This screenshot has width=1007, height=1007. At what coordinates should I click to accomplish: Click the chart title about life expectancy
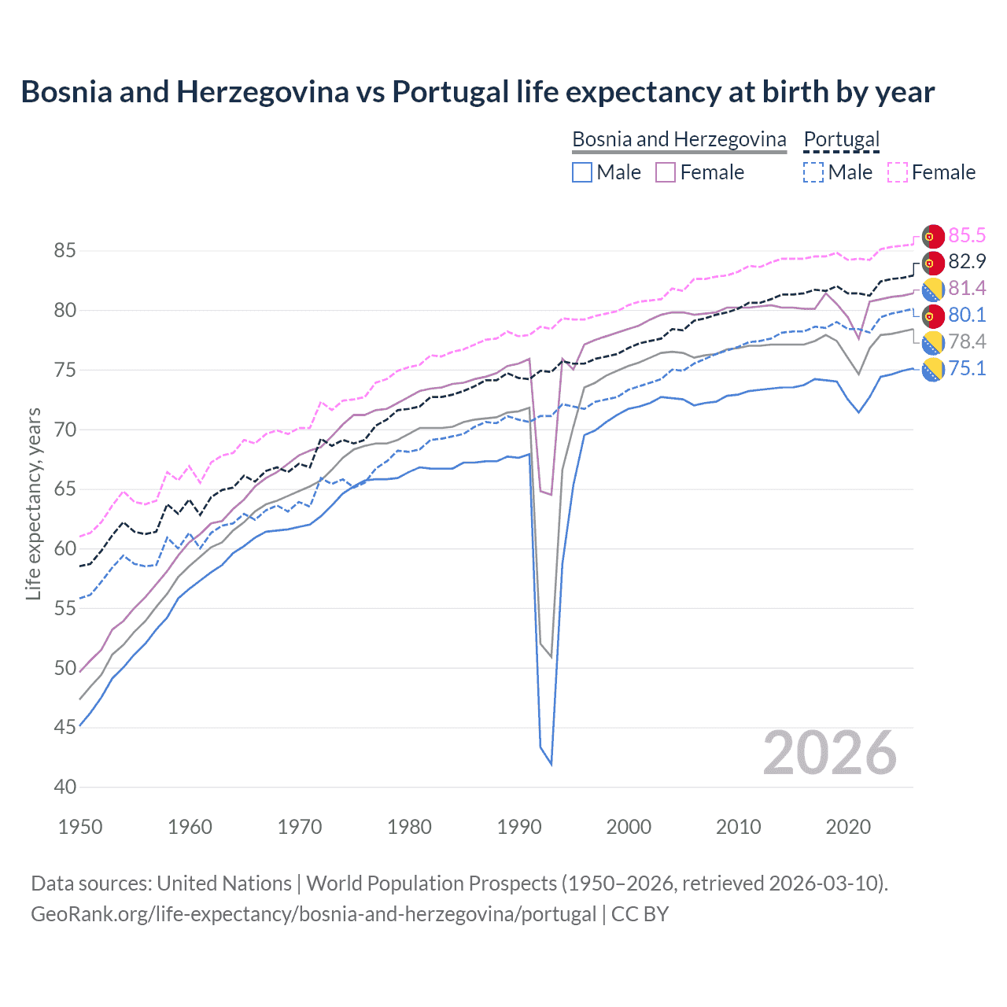478,92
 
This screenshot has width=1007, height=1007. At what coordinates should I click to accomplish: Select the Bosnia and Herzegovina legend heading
678,139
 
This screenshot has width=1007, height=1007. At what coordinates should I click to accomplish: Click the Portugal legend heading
841,139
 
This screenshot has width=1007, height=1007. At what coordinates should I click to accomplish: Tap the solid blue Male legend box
582,172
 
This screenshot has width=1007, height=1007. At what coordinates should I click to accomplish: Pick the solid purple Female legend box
666,172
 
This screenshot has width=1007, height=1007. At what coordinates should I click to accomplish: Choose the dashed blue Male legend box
813,172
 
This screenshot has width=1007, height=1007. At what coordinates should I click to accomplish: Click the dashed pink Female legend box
898,172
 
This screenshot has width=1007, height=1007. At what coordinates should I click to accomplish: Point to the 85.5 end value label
967,235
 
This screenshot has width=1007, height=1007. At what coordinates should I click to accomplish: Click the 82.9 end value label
967,262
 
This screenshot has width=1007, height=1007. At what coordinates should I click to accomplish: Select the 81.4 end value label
967,289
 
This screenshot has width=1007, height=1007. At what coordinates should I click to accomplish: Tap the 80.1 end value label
967,315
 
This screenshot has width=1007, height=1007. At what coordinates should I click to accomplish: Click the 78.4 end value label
967,342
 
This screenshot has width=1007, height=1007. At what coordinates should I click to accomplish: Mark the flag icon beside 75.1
933,369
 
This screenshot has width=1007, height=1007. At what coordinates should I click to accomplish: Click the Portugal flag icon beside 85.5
933,236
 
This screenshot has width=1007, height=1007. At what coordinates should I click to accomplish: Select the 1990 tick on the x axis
519,827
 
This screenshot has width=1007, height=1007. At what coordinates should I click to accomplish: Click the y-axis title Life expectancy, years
34,503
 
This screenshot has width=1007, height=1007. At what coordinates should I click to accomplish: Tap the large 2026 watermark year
830,754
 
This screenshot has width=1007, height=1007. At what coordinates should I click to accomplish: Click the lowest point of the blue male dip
551,764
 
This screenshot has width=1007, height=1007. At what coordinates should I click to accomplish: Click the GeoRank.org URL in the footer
313,914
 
